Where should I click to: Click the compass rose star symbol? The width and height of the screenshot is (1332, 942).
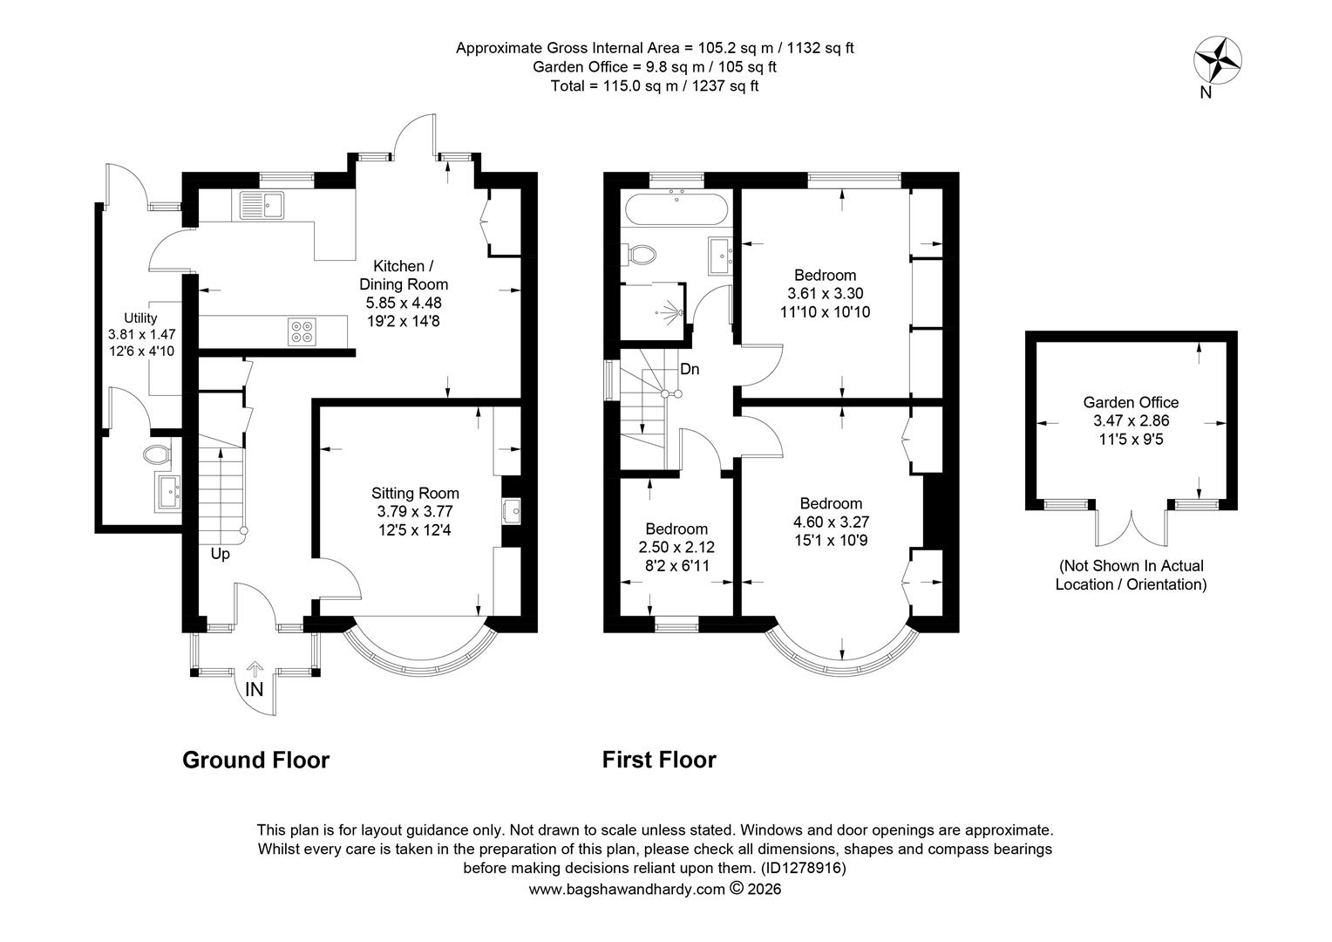(x=1218, y=60)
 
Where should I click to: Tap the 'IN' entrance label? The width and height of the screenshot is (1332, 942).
(x=255, y=690)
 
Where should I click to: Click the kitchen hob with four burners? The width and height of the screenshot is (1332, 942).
(x=302, y=332)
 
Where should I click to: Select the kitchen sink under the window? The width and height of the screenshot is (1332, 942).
(x=262, y=205)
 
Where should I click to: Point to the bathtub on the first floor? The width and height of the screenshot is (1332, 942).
(x=676, y=208)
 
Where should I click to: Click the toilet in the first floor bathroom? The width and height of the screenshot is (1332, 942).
(x=639, y=255)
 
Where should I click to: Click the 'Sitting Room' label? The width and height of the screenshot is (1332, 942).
(x=415, y=493)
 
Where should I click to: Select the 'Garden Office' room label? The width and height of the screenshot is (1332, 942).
(x=1131, y=402)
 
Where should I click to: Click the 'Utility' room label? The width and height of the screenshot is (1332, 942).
(x=140, y=317)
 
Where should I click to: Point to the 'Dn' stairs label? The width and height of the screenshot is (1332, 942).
(x=690, y=369)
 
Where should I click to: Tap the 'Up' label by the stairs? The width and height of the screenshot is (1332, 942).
(x=220, y=554)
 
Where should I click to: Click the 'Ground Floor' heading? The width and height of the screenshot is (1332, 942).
(x=255, y=760)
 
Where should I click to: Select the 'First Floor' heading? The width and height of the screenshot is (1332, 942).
(x=659, y=760)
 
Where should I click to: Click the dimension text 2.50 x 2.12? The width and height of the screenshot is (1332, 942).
(x=676, y=547)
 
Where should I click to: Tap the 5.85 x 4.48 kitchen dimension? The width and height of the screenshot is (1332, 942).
(x=404, y=303)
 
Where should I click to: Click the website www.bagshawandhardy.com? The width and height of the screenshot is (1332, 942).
(x=627, y=890)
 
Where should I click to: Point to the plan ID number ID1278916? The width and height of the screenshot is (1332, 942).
(x=804, y=868)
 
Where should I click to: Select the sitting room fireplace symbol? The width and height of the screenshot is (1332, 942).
(x=512, y=511)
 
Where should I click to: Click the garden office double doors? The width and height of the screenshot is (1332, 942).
(x=1132, y=527)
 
